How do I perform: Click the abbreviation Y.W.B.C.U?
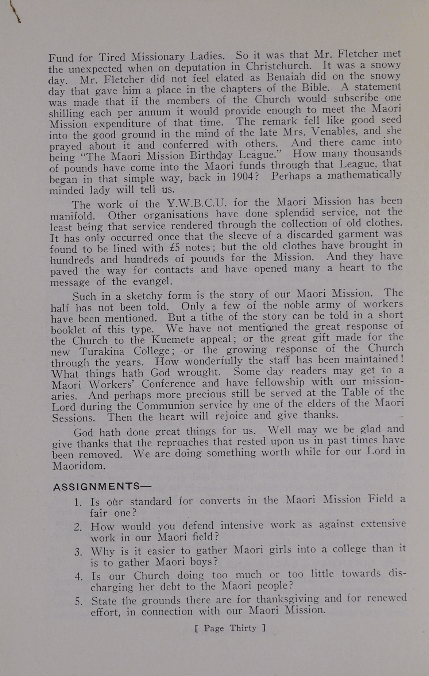[197, 202]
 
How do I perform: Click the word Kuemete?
[173, 340]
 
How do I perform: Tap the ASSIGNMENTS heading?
[97, 487]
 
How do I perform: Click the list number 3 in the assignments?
[78, 552]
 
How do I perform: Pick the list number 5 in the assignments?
[79, 601]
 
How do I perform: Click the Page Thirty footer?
[230, 628]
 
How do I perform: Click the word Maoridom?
[79, 466]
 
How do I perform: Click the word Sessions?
[73, 417]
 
